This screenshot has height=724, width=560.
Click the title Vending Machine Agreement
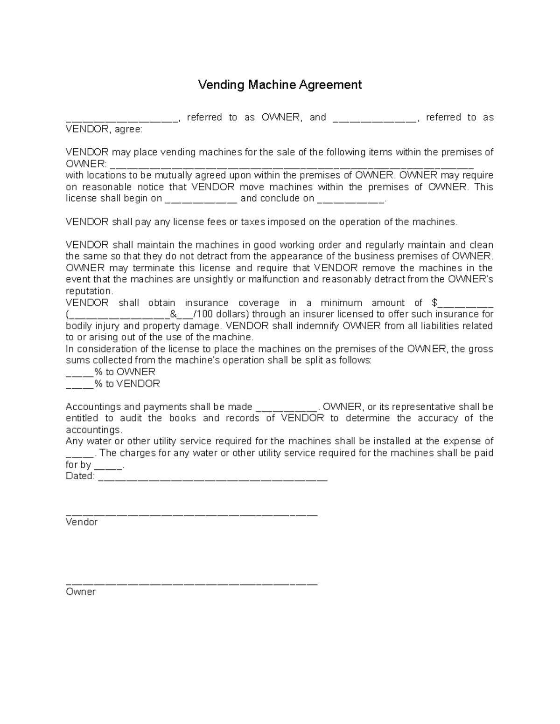pyautogui.click(x=280, y=85)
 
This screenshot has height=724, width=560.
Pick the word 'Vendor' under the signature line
pyautogui.click(x=82, y=522)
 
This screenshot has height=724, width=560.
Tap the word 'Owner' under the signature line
pyautogui.click(x=81, y=592)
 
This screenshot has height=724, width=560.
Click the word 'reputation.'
pyautogui.click(x=89, y=291)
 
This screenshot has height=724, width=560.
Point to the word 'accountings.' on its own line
pyautogui.click(x=94, y=429)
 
